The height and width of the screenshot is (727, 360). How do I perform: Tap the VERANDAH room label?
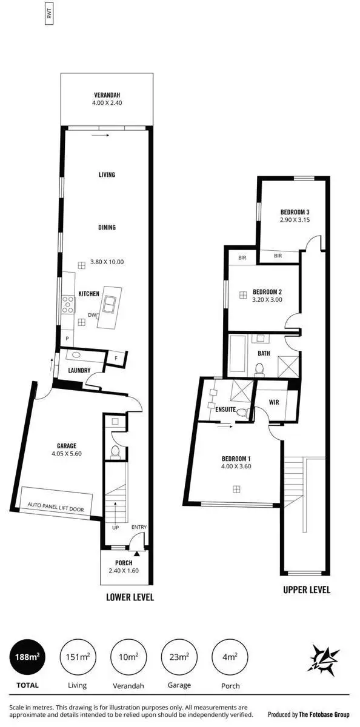(106, 96)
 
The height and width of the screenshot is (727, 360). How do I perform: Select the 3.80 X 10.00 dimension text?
(107, 262)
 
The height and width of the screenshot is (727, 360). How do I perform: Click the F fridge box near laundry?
(116, 359)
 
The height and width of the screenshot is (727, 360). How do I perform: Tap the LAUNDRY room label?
(79, 371)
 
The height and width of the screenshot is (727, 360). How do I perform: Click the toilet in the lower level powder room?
(115, 451)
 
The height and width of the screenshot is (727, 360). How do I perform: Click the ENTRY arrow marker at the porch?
(138, 552)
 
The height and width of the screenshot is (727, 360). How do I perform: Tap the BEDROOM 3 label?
(295, 211)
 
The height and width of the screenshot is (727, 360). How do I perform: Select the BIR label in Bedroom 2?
(242, 257)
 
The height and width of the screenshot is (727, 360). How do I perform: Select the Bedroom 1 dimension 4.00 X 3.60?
(236, 475)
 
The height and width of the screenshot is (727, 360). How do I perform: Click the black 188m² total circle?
(27, 657)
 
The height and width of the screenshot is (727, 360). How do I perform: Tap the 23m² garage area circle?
(179, 657)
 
